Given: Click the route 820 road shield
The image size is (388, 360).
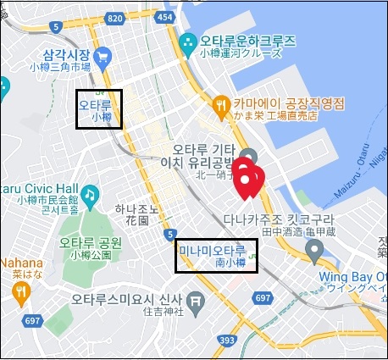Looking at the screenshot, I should click(x=116, y=19).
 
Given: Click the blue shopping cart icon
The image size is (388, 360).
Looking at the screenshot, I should click(x=103, y=58).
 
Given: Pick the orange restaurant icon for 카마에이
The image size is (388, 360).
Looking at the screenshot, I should click(x=222, y=104).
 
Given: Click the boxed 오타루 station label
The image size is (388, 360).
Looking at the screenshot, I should click(x=99, y=109).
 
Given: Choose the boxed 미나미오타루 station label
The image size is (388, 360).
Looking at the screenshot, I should click(x=216, y=255).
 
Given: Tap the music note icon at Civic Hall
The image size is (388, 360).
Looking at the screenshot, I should click(x=88, y=194).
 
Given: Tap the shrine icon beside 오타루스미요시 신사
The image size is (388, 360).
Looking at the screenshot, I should click(x=196, y=300).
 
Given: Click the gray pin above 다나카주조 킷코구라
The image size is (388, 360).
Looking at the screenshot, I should click(x=314, y=250).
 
